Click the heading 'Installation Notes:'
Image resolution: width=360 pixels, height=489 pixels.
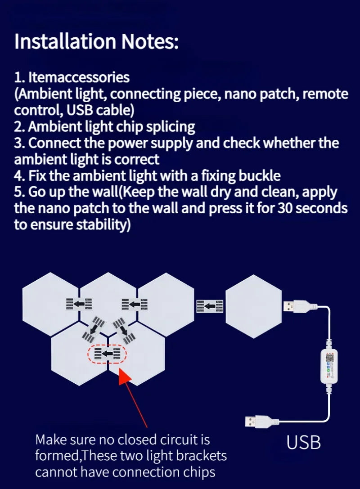click(x=96, y=41)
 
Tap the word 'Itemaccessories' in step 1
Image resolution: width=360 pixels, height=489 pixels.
click(x=79, y=77)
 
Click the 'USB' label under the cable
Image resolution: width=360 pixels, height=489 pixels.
click(x=304, y=443)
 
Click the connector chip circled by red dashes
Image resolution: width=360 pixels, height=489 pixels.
click(x=107, y=353)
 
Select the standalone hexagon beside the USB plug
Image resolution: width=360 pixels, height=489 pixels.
click(x=254, y=306)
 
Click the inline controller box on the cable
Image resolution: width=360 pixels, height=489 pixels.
click(x=329, y=366)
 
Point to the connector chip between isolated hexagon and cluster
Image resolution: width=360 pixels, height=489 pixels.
click(x=210, y=306)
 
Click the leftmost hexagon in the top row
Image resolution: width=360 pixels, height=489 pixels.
click(x=51, y=304)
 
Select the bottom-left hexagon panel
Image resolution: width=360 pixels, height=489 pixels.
click(x=80, y=354)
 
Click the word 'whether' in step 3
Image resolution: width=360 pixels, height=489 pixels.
click(x=289, y=143)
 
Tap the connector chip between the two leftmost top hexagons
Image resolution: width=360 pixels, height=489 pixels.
click(x=79, y=304)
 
